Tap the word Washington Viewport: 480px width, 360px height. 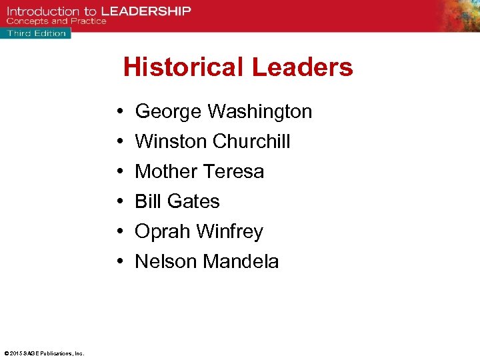pos(260,111)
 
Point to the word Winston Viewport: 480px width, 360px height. pos(171,141)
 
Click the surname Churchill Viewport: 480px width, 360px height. pos(251,141)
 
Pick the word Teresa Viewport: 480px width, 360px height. pos(233,171)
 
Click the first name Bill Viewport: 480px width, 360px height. pos(147,201)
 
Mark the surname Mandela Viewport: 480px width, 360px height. pos(241,261)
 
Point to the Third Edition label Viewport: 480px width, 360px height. pos(37,33)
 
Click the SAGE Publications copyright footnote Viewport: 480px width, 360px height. pos(44,353)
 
